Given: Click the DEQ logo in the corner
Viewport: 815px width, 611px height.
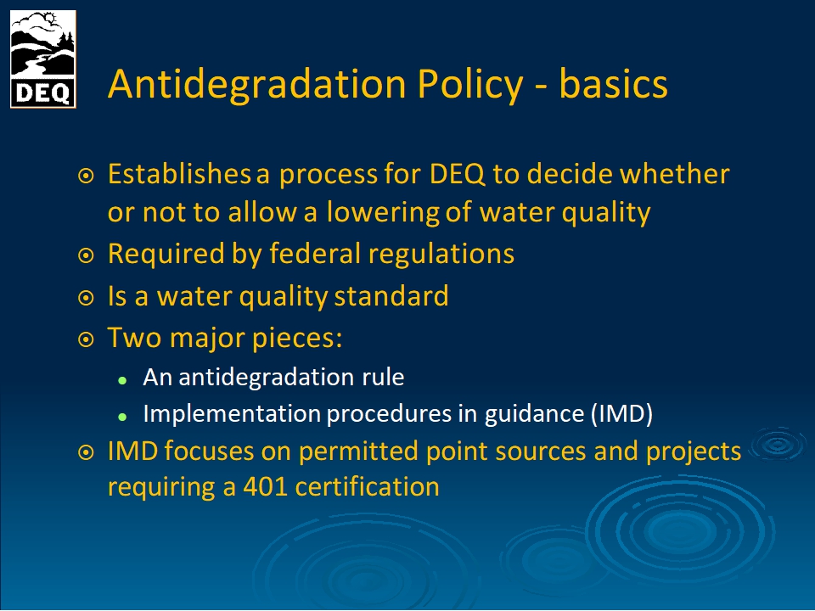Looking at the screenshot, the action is coord(43,59).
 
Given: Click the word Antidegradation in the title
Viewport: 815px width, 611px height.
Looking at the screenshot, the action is coord(256,84).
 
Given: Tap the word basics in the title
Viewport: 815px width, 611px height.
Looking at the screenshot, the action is coord(613,83).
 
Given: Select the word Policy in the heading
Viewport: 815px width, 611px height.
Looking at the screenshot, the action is coord(470,85).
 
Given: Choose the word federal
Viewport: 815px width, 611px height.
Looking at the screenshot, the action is coord(315,254).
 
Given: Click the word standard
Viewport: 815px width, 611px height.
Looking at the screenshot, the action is coord(391,296).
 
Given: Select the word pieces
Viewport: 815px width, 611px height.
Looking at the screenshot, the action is coord(297,339).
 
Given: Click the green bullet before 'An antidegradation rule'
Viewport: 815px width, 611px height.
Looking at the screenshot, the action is coord(122,380).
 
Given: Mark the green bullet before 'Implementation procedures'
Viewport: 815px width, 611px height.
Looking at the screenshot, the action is coord(122,416).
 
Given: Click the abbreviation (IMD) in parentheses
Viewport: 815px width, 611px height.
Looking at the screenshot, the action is coord(621,414).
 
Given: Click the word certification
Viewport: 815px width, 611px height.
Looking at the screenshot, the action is coord(367,487).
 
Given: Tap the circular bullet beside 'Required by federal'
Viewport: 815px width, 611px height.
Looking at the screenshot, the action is coord(86,255).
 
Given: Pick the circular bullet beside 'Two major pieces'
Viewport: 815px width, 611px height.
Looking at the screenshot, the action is coord(86,339).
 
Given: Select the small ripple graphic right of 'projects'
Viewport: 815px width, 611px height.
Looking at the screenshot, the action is coord(778,444).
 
